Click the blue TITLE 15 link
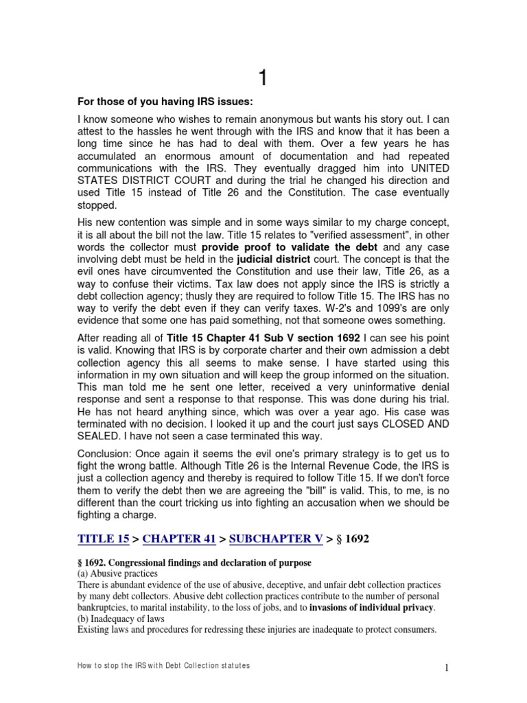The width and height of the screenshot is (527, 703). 105,539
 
